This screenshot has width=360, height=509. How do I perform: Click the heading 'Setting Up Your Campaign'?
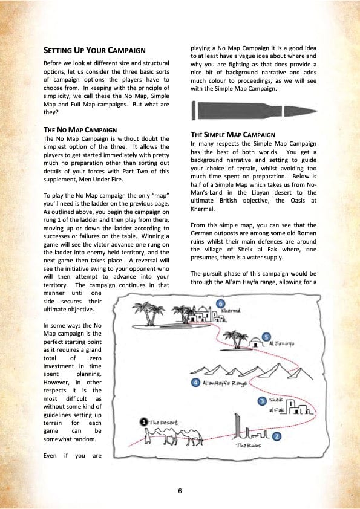94,50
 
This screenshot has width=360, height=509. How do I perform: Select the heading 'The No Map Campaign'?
80,130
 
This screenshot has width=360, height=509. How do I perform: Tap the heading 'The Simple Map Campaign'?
233,135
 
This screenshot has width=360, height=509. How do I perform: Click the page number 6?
180,490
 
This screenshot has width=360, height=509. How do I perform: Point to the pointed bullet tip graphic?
300,111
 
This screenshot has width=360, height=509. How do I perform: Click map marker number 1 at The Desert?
143,422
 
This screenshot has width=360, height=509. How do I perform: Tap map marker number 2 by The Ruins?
276,436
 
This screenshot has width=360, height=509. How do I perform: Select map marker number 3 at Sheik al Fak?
262,401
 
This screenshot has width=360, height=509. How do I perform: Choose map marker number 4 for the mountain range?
195,383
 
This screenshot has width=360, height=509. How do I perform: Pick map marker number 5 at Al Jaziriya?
266,337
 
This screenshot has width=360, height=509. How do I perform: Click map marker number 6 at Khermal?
221,304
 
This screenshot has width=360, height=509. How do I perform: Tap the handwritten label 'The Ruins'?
248,446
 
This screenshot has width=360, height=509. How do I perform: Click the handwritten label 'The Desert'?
163,423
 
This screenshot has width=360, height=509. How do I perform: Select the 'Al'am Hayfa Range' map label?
225,383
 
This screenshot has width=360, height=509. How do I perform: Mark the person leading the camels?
148,436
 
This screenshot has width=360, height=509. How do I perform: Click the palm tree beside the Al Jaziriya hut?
236,340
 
